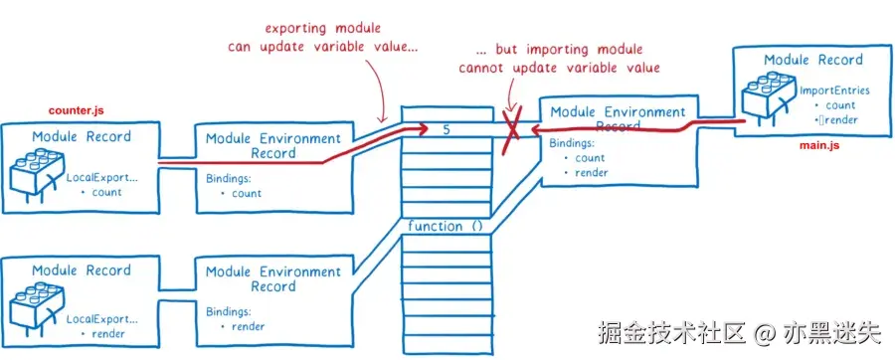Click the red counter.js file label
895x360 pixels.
(77, 109)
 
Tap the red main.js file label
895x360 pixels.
(819, 146)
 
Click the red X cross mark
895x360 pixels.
(511, 130)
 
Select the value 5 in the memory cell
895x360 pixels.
(447, 130)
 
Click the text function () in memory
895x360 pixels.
(446, 227)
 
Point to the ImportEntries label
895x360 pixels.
(834, 90)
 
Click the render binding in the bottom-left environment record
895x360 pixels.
(248, 327)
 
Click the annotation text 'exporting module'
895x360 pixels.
(322, 28)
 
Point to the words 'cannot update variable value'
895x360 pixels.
(559, 68)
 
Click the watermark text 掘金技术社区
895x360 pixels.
(672, 332)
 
